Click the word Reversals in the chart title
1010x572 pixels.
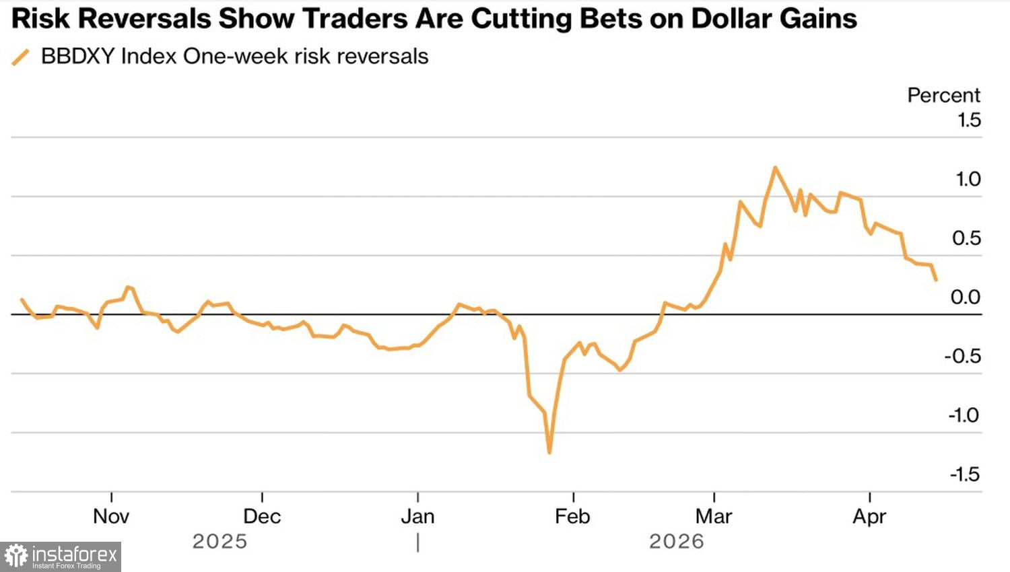pyautogui.click(x=145, y=19)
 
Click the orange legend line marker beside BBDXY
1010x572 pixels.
pyautogui.click(x=21, y=57)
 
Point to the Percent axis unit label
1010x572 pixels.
pyautogui.click(x=943, y=96)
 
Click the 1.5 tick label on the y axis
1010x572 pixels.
pyautogui.click(x=969, y=120)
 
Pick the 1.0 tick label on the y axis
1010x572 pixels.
pyautogui.click(x=968, y=179)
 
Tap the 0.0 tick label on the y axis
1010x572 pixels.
pyautogui.click(x=966, y=297)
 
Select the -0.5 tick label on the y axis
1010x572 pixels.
pyautogui.click(x=962, y=357)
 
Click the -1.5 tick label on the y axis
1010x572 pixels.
pyautogui.click(x=964, y=474)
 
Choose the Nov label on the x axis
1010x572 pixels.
pyautogui.click(x=111, y=517)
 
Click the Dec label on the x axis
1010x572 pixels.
pyautogui.click(x=262, y=517)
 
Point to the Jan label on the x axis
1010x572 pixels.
pyautogui.click(x=417, y=517)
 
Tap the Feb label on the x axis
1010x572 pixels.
pyautogui.click(x=572, y=517)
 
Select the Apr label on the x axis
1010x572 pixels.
pyautogui.click(x=869, y=517)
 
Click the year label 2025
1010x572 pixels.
pyautogui.click(x=220, y=542)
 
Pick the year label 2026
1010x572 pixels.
pyautogui.click(x=676, y=542)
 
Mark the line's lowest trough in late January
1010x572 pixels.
pyautogui.click(x=549, y=452)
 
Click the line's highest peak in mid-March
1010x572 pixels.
pyautogui.click(x=775, y=168)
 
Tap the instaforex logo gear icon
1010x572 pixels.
pyautogui.click(x=15, y=557)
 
